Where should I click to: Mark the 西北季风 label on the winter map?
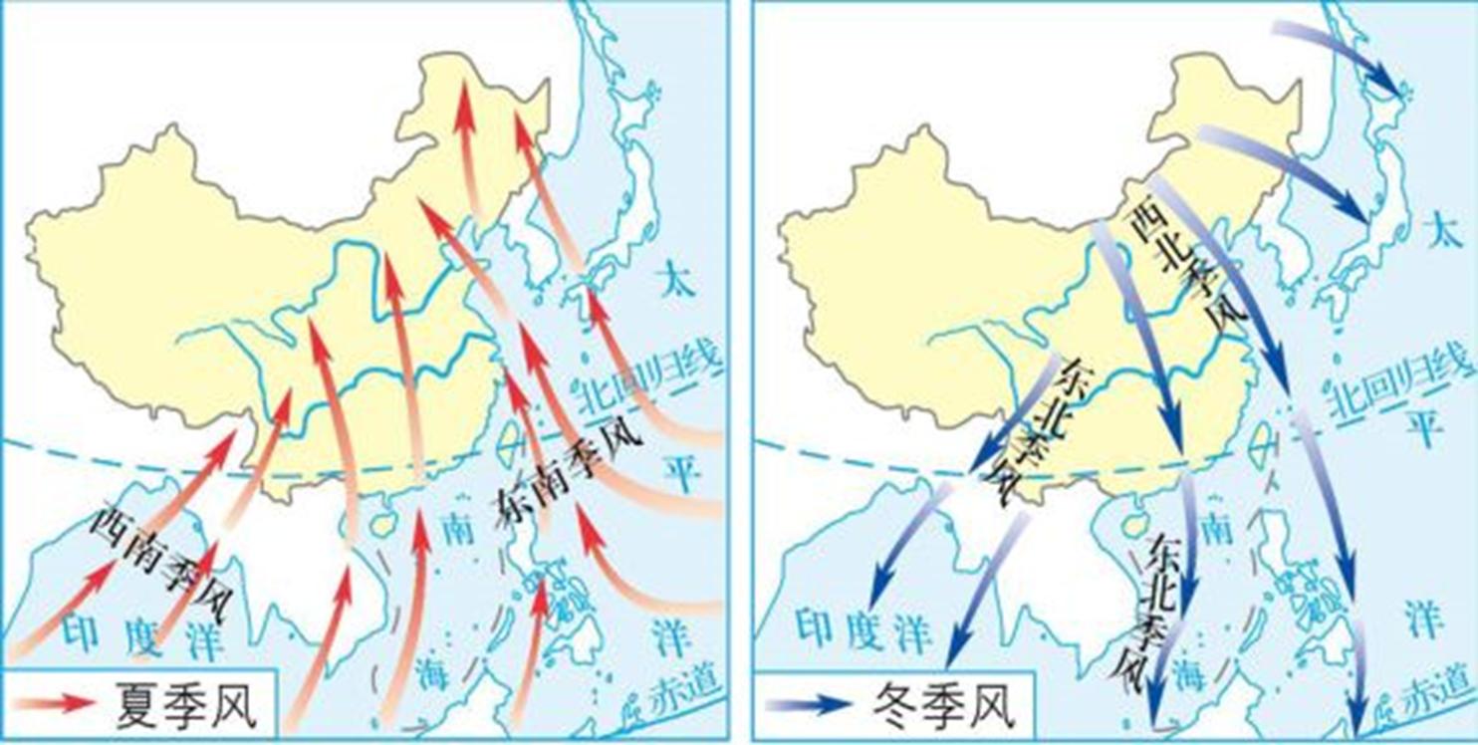[1185, 268]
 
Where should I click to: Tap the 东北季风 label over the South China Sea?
[1156, 614]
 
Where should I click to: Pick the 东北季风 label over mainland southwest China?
[1040, 429]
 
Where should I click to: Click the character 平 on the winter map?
[1423, 429]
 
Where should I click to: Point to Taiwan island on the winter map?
[1265, 439]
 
